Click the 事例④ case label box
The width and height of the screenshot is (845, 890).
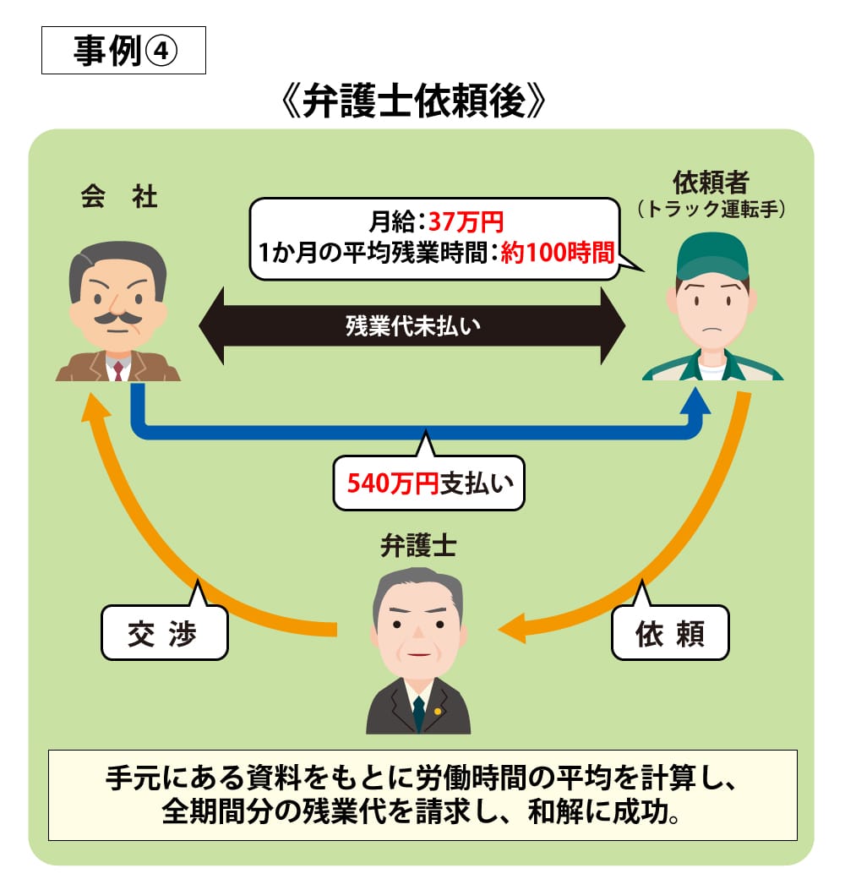tap(123, 52)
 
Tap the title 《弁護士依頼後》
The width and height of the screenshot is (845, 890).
tap(422, 104)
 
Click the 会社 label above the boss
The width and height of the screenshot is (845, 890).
tap(118, 198)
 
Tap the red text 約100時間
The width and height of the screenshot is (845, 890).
tap(557, 253)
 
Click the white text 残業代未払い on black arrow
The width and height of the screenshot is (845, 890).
tap(412, 326)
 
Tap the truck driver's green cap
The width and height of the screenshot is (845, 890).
tap(712, 254)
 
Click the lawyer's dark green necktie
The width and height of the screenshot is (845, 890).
tap(418, 714)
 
